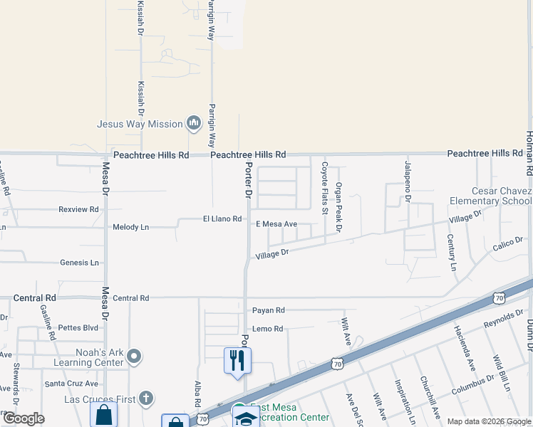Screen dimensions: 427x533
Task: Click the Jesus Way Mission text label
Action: tap(140, 124)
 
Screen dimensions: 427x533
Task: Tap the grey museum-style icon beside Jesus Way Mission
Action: tap(194, 124)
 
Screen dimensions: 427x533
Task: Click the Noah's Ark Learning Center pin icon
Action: tap(135, 356)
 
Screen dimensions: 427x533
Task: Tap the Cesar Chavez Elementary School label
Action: tap(502, 196)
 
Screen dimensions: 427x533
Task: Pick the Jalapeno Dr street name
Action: tap(408, 181)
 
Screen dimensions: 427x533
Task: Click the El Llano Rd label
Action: tap(222, 219)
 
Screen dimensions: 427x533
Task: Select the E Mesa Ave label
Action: tap(276, 224)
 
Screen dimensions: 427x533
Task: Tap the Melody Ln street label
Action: tap(130, 228)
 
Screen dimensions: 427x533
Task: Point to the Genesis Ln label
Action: tap(79, 263)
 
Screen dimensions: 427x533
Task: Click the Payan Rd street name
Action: tap(268, 310)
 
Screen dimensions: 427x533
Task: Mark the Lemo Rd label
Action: tap(267, 329)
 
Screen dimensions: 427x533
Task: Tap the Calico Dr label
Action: tap(507, 247)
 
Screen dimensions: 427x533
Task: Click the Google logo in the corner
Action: tap(23, 418)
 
